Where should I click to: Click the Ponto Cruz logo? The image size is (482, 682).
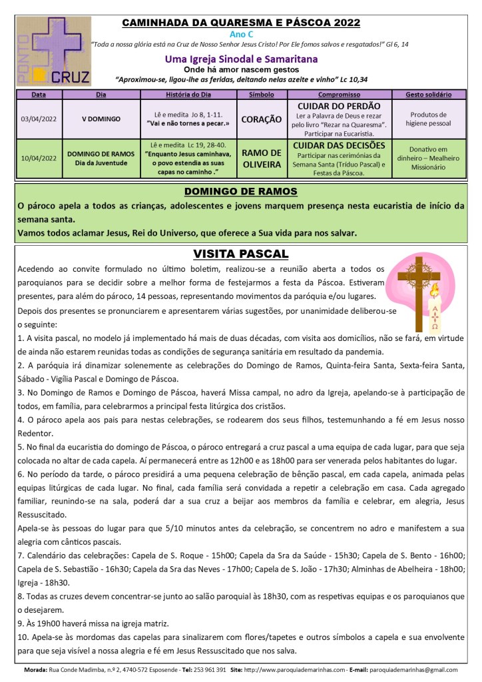click(53, 51)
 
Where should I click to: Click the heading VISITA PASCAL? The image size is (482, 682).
click(240, 254)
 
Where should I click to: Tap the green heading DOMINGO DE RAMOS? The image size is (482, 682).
click(240, 192)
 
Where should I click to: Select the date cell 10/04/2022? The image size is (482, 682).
click(39, 158)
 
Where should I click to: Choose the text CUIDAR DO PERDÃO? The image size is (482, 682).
click(339, 106)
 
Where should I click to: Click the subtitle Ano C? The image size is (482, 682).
click(240, 34)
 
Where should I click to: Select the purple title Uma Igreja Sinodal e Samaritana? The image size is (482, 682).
click(240, 59)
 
